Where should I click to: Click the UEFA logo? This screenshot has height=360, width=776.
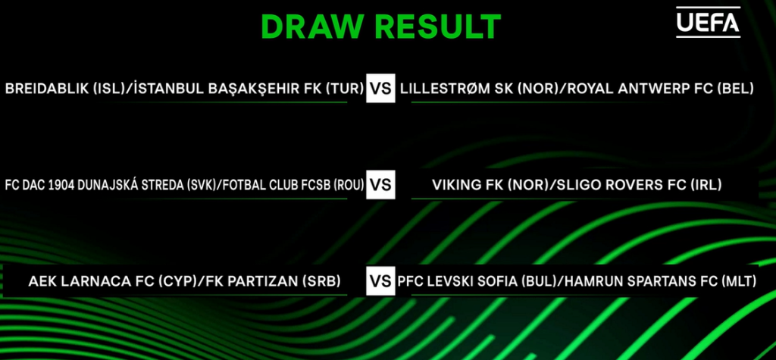click(x=709, y=22)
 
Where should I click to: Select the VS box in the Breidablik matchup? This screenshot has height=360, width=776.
click(x=380, y=88)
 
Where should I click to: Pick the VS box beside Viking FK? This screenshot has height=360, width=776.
click(x=380, y=185)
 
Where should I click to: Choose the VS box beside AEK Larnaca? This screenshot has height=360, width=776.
click(x=380, y=281)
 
